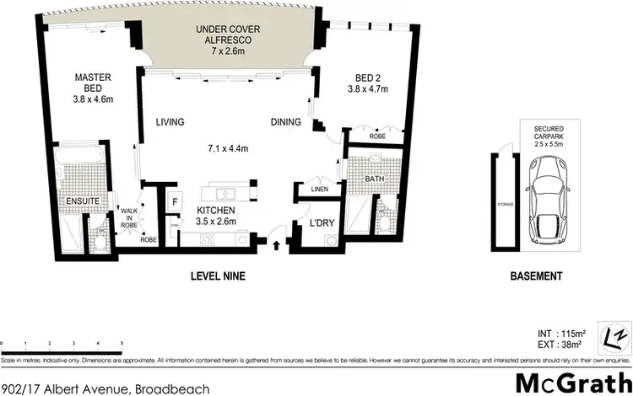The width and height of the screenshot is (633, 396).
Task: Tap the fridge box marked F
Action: pyautogui.click(x=175, y=202)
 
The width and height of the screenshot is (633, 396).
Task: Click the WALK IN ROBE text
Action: pyautogui.click(x=128, y=219)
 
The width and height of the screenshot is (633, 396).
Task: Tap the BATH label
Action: pyautogui.click(x=375, y=179)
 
